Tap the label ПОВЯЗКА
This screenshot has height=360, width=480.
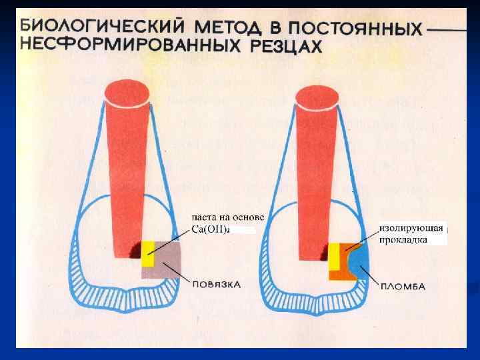coord(216,284)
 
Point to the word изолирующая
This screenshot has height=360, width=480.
coord(411,228)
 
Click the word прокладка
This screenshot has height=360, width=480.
coord(404,239)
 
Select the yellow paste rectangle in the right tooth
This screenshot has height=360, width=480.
coord(333,256)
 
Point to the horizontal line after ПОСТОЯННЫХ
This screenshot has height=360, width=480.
coord(447,31)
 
